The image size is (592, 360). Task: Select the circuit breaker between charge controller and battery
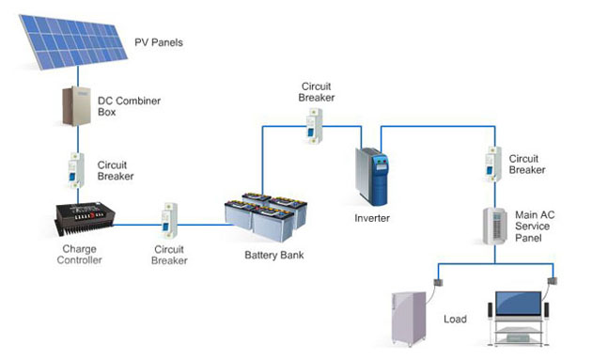[169, 220]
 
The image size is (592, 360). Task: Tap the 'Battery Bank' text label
[273, 256]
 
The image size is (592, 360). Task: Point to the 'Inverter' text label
[370, 218]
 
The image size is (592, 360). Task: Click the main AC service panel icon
[491, 226]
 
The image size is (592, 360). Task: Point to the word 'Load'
[455, 319]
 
